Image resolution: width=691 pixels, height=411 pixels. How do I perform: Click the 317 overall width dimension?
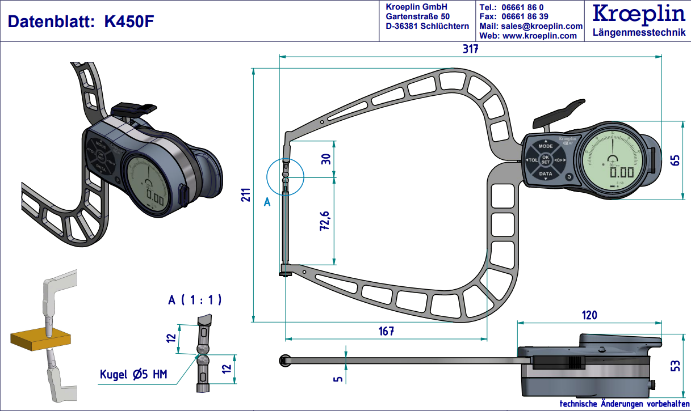click(470, 49)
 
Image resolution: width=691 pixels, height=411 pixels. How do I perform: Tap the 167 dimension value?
click(386, 331)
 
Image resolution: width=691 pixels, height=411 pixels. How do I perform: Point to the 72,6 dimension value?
click(326, 221)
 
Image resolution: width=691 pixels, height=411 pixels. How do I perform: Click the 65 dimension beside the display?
click(675, 160)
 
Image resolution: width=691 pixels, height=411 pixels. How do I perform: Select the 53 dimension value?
click(675, 366)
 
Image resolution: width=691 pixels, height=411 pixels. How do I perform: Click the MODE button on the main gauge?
click(545, 146)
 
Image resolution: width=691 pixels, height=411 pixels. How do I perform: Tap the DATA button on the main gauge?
click(545, 173)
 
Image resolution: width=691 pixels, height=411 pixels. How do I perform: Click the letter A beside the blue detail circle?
click(267, 201)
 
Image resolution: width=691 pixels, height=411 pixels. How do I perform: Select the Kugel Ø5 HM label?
click(133, 374)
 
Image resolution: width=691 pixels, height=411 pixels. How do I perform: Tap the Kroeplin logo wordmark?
click(638, 14)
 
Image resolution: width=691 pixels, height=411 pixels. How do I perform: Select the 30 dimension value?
click(326, 159)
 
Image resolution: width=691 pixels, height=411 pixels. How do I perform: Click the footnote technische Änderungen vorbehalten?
click(624, 404)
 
